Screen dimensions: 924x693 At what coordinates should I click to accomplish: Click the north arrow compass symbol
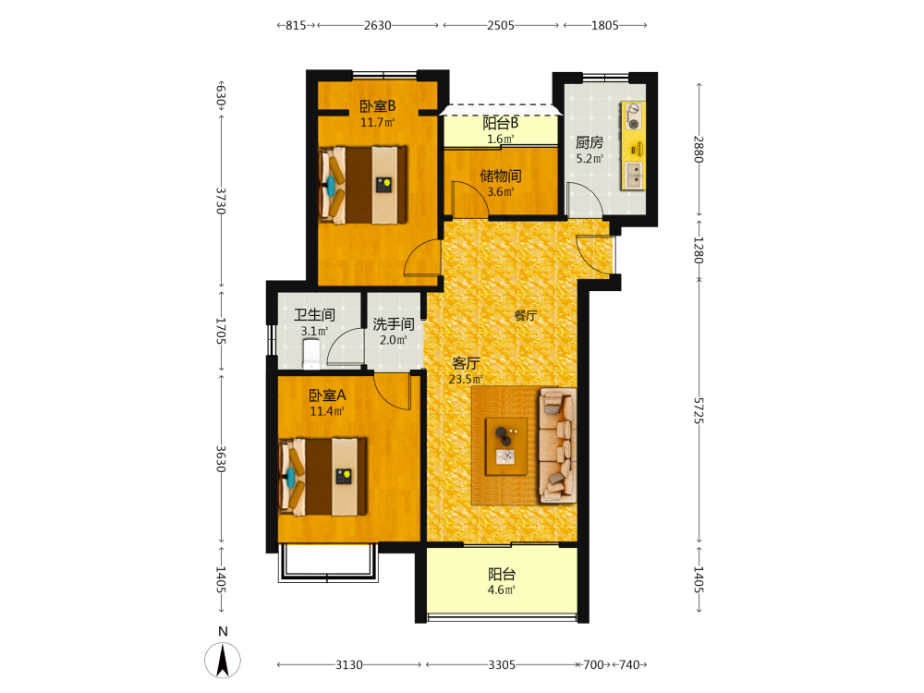pos(223,660)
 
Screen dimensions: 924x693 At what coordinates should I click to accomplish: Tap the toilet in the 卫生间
pos(311,356)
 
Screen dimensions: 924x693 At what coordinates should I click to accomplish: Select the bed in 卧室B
pos(363,185)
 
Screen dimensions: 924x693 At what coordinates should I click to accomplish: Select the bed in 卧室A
pos(322,477)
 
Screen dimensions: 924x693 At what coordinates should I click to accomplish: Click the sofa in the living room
pos(557,445)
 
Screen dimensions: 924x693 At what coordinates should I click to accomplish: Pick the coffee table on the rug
pos(506,446)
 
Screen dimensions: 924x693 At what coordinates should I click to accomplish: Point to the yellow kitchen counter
pos(633,146)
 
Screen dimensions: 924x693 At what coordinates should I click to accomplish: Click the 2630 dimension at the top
pos(378,25)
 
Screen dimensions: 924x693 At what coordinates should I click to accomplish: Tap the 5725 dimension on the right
pos(699,411)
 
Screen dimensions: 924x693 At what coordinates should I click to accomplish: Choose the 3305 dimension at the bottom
pos(502,664)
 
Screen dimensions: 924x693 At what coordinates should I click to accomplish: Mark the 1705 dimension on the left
pos(221,331)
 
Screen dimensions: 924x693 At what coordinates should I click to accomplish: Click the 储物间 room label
pos(500,176)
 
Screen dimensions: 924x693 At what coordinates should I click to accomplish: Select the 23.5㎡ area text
pos(466,379)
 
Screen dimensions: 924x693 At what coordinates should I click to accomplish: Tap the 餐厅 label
pos(526,315)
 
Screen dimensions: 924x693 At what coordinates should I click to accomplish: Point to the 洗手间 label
pos(393,324)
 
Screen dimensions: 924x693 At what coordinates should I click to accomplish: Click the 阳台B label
pos(500,123)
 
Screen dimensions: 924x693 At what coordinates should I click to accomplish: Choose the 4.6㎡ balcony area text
pos(502,590)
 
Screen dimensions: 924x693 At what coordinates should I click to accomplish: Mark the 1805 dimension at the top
pos(605,25)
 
